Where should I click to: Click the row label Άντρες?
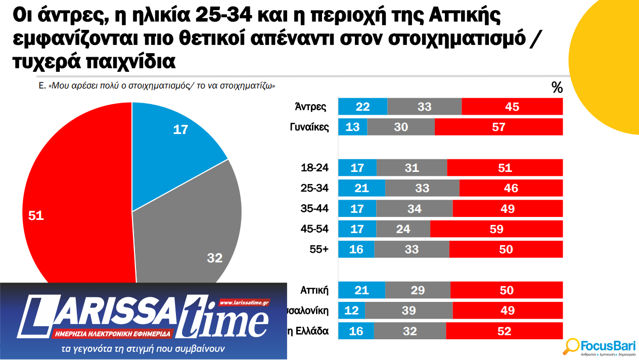pyautogui.click(x=310, y=107)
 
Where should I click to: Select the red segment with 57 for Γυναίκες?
pyautogui.click(x=498, y=127)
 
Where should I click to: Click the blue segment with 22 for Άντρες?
pyautogui.click(x=362, y=107)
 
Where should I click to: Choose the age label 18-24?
pyautogui.click(x=314, y=168)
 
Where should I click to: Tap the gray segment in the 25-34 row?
pyautogui.click(x=422, y=188)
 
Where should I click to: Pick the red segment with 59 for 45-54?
pyautogui.click(x=496, y=229)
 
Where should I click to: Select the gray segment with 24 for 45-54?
pyautogui.click(x=403, y=229)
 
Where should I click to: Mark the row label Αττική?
pyautogui.click(x=314, y=290)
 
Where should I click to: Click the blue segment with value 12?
pyautogui.click(x=351, y=310)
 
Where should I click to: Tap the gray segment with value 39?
pyautogui.click(x=408, y=310)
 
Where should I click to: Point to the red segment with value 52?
pyautogui.click(x=504, y=331)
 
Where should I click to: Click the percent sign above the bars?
pyautogui.click(x=557, y=88)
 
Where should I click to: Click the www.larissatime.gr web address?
pyautogui.click(x=244, y=302)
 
